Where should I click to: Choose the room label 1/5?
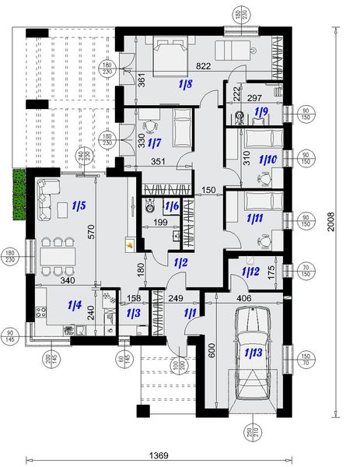(79, 206)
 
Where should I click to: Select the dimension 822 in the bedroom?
(204, 66)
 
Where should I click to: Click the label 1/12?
(250, 271)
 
